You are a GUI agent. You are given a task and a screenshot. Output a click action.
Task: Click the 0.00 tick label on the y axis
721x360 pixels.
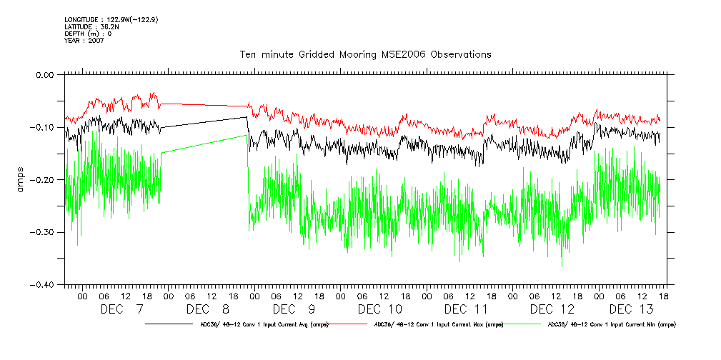(44, 74)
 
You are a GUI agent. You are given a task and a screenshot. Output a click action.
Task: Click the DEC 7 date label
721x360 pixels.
(121, 309)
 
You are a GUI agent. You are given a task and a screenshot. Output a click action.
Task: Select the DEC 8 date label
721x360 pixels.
(207, 309)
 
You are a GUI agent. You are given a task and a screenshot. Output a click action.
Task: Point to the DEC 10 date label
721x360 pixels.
(379, 309)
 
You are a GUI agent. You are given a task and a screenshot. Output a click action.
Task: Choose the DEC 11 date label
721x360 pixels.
(465, 309)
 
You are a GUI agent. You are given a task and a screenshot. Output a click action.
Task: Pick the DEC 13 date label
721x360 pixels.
(631, 309)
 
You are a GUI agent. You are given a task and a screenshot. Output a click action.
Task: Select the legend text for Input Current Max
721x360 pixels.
(439, 324)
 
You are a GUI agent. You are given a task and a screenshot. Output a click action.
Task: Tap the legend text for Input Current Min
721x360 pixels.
(612, 324)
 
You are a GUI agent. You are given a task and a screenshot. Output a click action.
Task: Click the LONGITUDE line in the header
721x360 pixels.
(111, 20)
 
